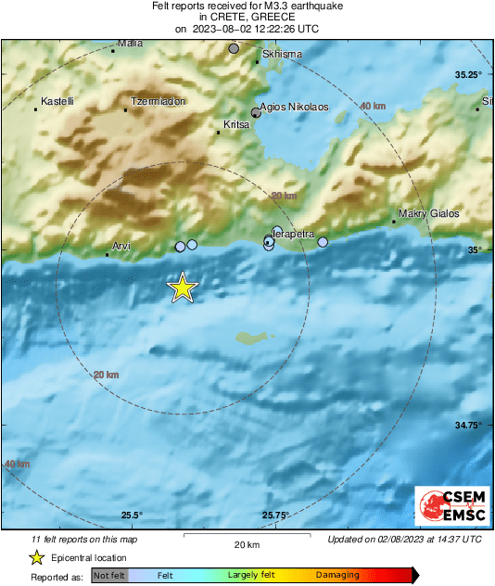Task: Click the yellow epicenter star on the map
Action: (183, 287)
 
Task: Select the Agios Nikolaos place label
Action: (295, 107)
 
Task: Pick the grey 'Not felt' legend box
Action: (109, 576)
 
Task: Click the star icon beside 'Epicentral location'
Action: (36, 557)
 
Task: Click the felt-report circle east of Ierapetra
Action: (323, 242)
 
